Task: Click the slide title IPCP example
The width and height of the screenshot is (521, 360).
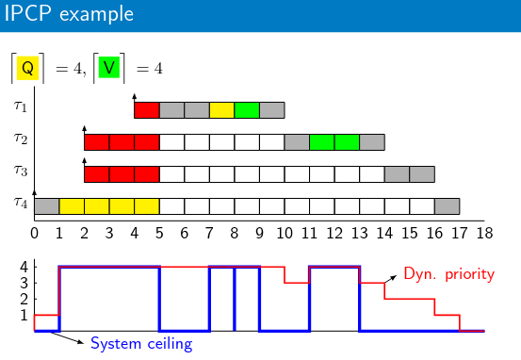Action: pyautogui.click(x=69, y=14)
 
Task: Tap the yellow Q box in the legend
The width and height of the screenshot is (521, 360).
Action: pyautogui.click(x=28, y=68)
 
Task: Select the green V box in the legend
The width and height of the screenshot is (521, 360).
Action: pyautogui.click(x=109, y=68)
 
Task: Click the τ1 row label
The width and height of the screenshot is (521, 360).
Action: pyautogui.click(x=21, y=106)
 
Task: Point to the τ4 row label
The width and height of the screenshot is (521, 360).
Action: pyautogui.click(x=21, y=203)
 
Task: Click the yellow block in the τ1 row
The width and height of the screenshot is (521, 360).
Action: pyautogui.click(x=221, y=110)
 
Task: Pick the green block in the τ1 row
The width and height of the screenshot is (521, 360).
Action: pyautogui.click(x=247, y=110)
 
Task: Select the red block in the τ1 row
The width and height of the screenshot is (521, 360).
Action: pyautogui.click(x=147, y=110)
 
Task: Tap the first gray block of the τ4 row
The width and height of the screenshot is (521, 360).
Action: pyautogui.click(x=47, y=206)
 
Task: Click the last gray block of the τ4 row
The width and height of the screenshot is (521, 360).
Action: pyautogui.click(x=448, y=206)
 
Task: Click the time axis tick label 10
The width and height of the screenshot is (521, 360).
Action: pyautogui.click(x=285, y=234)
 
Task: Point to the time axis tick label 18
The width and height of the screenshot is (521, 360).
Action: pyautogui.click(x=484, y=234)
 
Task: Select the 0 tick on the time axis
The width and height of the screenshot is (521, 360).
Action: pyautogui.click(x=34, y=234)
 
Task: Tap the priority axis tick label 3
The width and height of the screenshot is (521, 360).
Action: pyautogui.click(x=24, y=284)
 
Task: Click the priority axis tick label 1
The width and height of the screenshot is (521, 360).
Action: pyautogui.click(x=24, y=315)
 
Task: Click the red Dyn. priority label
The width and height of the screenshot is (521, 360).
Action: pyautogui.click(x=449, y=274)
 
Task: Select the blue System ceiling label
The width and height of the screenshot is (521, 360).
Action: pyautogui.click(x=141, y=344)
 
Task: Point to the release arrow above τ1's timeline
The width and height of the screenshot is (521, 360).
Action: pyautogui.click(x=134, y=98)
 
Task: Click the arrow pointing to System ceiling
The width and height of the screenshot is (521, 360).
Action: pyautogui.click(x=67, y=337)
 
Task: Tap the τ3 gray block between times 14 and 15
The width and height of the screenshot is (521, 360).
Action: pyautogui.click(x=397, y=174)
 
